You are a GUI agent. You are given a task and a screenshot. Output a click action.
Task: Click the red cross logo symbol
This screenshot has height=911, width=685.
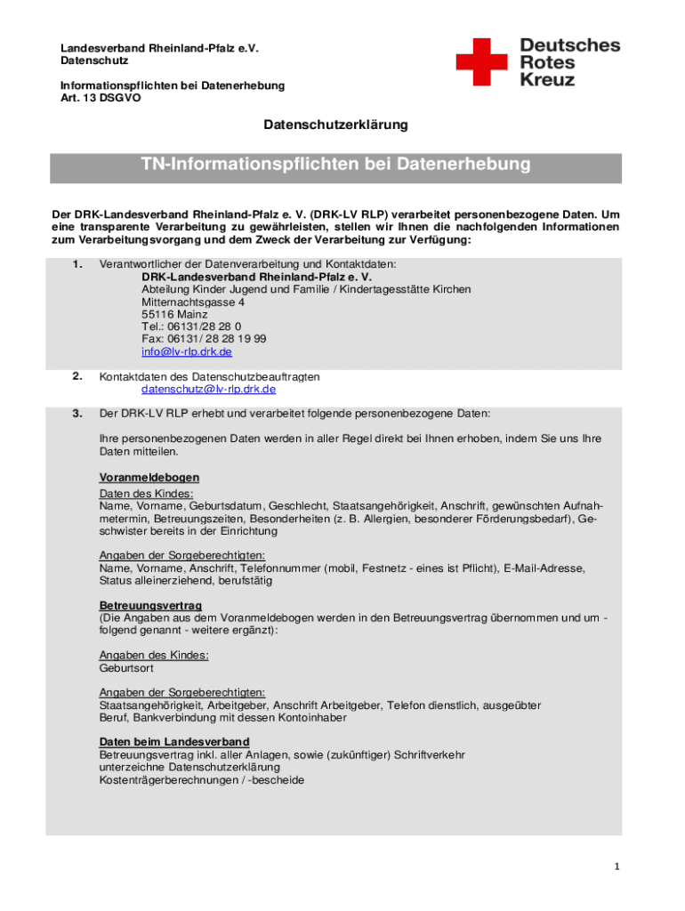(486, 61)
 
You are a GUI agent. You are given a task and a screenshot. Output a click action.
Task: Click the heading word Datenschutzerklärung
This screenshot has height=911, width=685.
(335, 125)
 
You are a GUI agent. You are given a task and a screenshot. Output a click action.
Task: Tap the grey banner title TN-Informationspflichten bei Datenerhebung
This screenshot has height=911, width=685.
(335, 165)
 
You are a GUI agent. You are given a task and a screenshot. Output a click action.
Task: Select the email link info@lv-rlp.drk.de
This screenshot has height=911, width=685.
(187, 351)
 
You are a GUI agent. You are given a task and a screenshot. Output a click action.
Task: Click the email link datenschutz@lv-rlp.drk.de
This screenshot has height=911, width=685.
(209, 389)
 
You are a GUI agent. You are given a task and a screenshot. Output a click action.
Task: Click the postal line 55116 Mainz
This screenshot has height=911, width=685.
(174, 314)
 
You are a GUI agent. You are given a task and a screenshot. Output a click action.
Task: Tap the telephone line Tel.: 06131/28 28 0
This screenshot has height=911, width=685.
(191, 327)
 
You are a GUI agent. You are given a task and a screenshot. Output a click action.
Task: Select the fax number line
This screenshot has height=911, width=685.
(204, 339)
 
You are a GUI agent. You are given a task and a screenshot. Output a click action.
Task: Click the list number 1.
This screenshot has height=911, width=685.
(78, 264)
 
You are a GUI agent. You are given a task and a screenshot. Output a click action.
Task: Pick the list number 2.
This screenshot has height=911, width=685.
(78, 376)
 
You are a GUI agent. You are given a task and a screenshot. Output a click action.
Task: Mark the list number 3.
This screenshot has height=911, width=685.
(78, 414)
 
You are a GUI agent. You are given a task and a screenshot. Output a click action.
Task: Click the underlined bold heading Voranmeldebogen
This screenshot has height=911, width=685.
(149, 478)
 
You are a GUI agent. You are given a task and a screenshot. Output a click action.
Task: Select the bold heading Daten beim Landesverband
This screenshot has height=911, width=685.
(174, 741)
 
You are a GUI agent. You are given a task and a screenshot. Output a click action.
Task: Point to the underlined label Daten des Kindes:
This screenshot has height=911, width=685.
(147, 493)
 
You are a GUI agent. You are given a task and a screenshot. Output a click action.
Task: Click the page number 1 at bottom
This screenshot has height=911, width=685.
(616, 867)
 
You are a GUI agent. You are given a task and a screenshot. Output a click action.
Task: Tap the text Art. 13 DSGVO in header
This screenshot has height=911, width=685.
(101, 98)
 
